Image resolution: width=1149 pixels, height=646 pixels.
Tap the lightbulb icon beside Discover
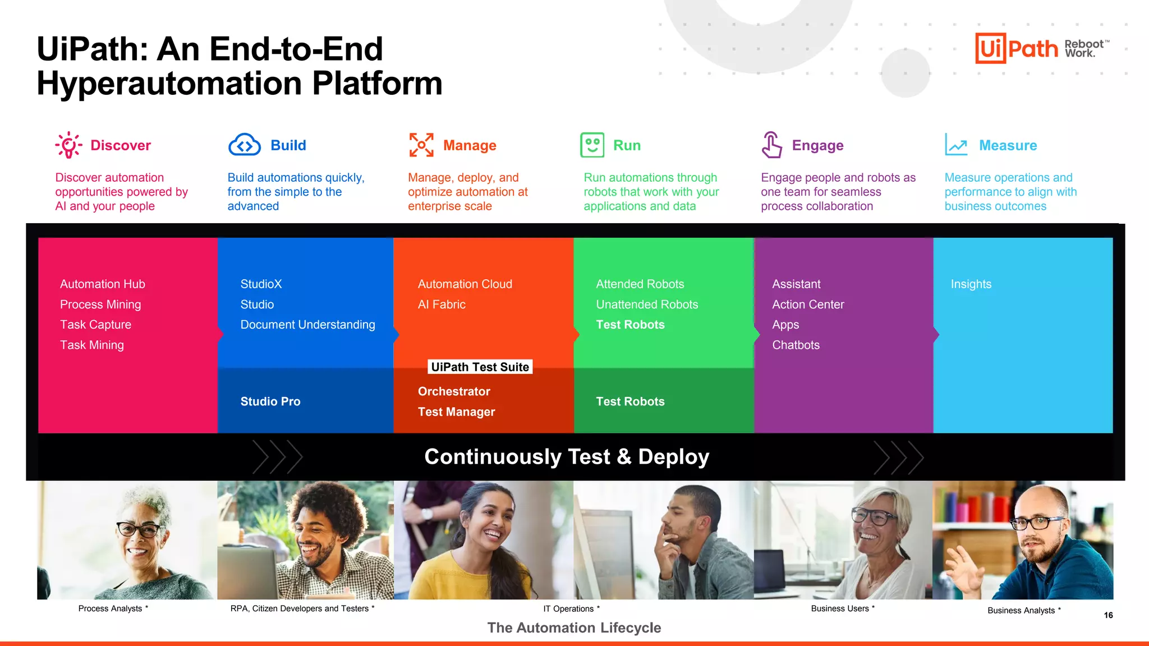(68, 145)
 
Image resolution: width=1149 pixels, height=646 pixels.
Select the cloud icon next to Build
(245, 145)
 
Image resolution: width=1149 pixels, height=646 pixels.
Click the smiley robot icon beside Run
(592, 145)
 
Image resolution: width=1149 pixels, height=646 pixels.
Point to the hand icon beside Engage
(771, 145)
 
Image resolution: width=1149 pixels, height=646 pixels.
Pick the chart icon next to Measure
(956, 145)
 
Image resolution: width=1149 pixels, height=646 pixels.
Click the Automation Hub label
(103, 284)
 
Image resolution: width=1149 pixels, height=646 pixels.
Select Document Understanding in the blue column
(307, 325)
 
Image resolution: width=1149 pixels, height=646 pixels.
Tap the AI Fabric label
(442, 304)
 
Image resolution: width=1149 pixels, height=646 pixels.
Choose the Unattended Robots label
(647, 304)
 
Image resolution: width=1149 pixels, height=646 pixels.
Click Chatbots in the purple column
(796, 345)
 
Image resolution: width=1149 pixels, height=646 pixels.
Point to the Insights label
(971, 284)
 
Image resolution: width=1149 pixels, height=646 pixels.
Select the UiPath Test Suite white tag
(480, 367)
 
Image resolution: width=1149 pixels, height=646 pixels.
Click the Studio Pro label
(270, 402)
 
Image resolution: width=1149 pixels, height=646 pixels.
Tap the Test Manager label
(456, 412)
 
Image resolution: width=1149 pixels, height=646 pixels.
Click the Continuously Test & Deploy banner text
(567, 456)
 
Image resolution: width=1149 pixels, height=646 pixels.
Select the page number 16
(1108, 615)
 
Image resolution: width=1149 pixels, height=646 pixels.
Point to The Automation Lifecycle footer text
(574, 627)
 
